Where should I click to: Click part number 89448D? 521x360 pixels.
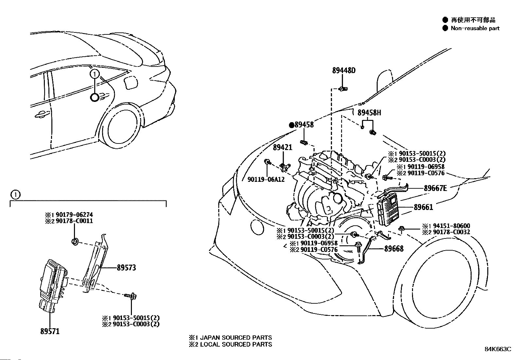pyautogui.click(x=344, y=70)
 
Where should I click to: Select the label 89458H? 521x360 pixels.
pyautogui.click(x=369, y=113)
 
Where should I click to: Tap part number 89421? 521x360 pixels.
pyautogui.click(x=282, y=148)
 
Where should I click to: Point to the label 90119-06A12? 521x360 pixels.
pyautogui.click(x=266, y=180)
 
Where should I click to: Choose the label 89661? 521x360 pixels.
pyautogui.click(x=423, y=207)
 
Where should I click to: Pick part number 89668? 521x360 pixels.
pyautogui.click(x=394, y=249)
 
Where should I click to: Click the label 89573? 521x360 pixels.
pyautogui.click(x=126, y=268)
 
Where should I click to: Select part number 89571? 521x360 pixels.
pyautogui.click(x=50, y=331)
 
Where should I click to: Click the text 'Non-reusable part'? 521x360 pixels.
pyautogui.click(x=475, y=28)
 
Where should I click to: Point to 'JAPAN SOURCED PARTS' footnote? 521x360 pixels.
pyautogui.click(x=236, y=337)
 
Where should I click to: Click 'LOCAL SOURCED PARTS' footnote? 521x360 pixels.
pyautogui.click(x=236, y=344)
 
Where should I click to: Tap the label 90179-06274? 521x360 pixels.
pyautogui.click(x=74, y=215)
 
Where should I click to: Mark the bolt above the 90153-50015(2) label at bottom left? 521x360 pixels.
pyautogui.click(x=131, y=296)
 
